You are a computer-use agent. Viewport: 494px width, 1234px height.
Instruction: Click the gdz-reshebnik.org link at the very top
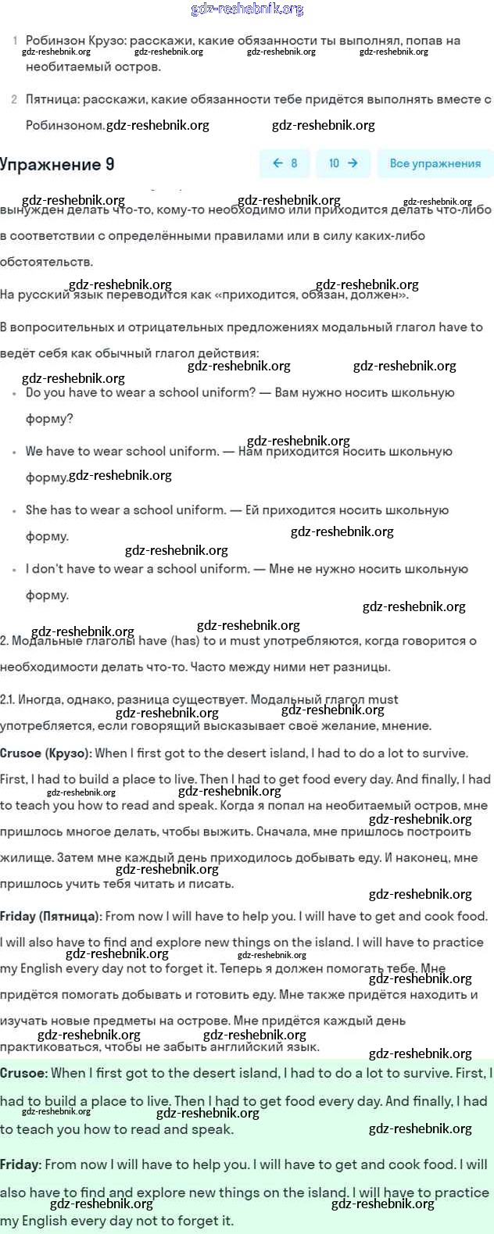click(247, 9)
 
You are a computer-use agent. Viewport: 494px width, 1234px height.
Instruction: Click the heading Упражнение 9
click(57, 164)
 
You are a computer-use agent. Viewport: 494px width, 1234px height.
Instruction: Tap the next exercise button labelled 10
click(343, 163)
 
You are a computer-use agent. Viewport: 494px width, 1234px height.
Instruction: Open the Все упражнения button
click(435, 163)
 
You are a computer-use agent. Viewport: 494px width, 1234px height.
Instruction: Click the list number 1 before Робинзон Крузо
click(15, 41)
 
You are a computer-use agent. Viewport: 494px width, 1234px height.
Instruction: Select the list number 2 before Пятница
click(15, 99)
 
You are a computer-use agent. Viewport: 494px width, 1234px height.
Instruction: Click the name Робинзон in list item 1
click(55, 41)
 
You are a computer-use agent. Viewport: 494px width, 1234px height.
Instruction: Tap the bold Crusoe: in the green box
click(23, 1074)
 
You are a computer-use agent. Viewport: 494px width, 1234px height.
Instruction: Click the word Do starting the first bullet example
click(34, 392)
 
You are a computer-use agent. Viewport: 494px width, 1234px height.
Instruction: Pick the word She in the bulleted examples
click(36, 510)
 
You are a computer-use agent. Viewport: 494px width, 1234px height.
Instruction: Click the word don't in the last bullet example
click(46, 569)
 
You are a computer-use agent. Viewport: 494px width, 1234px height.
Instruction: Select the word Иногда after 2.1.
click(40, 699)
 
